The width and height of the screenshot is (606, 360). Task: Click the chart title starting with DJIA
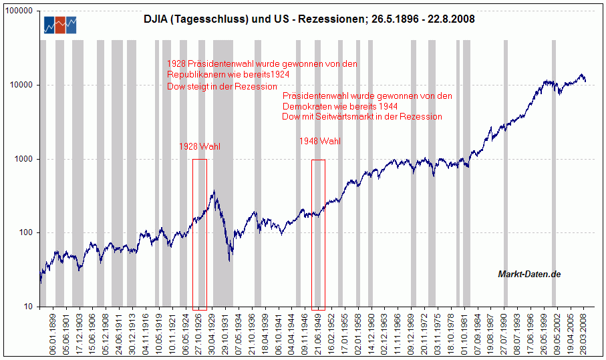tap(309, 19)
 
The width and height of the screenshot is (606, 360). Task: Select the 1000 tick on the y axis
tap(26, 160)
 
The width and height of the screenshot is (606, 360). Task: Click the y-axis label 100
tap(28, 233)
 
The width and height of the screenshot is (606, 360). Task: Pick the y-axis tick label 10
tap(30, 307)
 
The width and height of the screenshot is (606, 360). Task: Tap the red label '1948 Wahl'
tap(319, 142)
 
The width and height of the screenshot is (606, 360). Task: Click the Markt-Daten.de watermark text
tap(529, 274)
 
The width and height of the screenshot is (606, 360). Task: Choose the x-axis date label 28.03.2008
tap(583, 333)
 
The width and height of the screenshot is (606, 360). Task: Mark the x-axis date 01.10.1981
tap(466, 333)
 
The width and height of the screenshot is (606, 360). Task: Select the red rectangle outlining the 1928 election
tap(199, 234)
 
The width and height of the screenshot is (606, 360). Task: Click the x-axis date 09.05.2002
tap(554, 333)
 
